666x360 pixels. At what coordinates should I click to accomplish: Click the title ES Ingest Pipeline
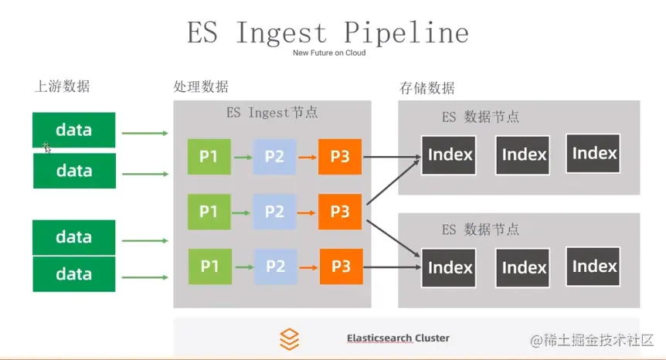coord(328,32)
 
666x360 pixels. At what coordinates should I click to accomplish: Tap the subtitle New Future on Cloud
coord(329,53)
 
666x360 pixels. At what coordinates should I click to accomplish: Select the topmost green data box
coord(74,130)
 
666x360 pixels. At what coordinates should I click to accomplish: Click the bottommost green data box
coord(74,274)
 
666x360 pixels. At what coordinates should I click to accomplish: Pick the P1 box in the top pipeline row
coord(209,157)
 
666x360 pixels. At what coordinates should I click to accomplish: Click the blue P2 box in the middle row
coord(275,212)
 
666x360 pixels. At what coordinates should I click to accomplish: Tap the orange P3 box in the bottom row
coord(341,267)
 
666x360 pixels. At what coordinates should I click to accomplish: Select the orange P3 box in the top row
coord(340,157)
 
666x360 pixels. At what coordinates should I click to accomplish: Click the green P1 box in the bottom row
coord(209,267)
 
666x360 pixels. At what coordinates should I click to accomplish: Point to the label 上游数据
coord(63,87)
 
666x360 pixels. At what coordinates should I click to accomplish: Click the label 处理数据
coord(201,87)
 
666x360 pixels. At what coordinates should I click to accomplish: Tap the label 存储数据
coord(427,87)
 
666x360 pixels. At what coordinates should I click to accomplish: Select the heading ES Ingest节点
coord(272,112)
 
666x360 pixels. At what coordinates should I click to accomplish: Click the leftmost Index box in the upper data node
coord(450,155)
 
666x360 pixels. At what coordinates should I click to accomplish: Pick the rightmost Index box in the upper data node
coord(594,153)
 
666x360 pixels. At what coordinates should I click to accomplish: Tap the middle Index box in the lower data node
coord(523,268)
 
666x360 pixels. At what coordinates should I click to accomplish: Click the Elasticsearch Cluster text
coord(398,338)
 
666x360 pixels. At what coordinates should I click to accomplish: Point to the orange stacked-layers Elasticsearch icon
coord(289,338)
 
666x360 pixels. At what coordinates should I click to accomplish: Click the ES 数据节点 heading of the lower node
coord(480,229)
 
